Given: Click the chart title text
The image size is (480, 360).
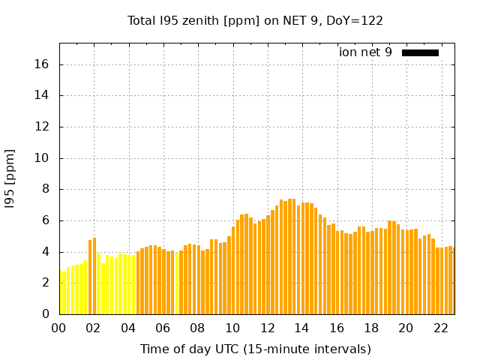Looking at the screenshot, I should pyautogui.click(x=255, y=20).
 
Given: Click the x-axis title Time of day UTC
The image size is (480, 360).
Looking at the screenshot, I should pyautogui.click(x=255, y=349).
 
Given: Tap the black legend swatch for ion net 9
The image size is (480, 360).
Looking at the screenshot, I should pyautogui.click(x=420, y=52).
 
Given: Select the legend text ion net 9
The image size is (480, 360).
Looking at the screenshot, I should pyautogui.click(x=365, y=52).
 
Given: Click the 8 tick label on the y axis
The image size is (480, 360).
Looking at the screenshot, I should pyautogui.click(x=46, y=189).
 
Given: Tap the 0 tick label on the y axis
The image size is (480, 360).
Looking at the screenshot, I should pyautogui.click(x=46, y=314).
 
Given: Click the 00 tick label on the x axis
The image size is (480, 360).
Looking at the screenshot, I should pyautogui.click(x=58, y=328).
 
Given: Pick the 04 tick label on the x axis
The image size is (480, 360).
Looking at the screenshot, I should pyautogui.click(x=127, y=328).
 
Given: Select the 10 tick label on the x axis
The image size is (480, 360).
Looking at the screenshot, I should pyautogui.click(x=232, y=328).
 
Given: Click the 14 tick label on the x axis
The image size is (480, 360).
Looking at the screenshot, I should pyautogui.click(x=301, y=328).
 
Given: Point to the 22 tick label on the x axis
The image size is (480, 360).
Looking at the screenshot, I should pyautogui.click(x=440, y=328).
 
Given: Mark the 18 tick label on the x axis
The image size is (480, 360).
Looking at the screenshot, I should pyautogui.click(x=370, y=328).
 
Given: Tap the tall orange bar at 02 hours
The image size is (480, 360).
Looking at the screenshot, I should pyautogui.click(x=94, y=276).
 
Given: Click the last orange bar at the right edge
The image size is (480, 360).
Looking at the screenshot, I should pyautogui.click(x=451, y=280).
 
